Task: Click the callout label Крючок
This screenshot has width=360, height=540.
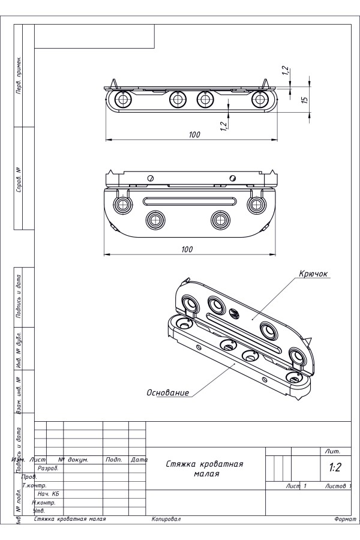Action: [313, 274]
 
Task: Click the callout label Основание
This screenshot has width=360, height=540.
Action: [168, 393]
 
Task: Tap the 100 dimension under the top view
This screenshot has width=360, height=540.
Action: [194, 135]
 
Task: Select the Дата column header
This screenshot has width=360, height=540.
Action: [139, 460]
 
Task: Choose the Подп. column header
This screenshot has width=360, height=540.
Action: [114, 460]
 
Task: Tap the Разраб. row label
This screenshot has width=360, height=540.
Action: [48, 468]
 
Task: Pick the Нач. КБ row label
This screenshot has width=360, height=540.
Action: [48, 493]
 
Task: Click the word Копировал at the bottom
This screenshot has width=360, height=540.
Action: [166, 519]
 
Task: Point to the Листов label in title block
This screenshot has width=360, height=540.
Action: [337, 485]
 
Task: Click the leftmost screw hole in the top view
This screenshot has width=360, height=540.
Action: [124, 99]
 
